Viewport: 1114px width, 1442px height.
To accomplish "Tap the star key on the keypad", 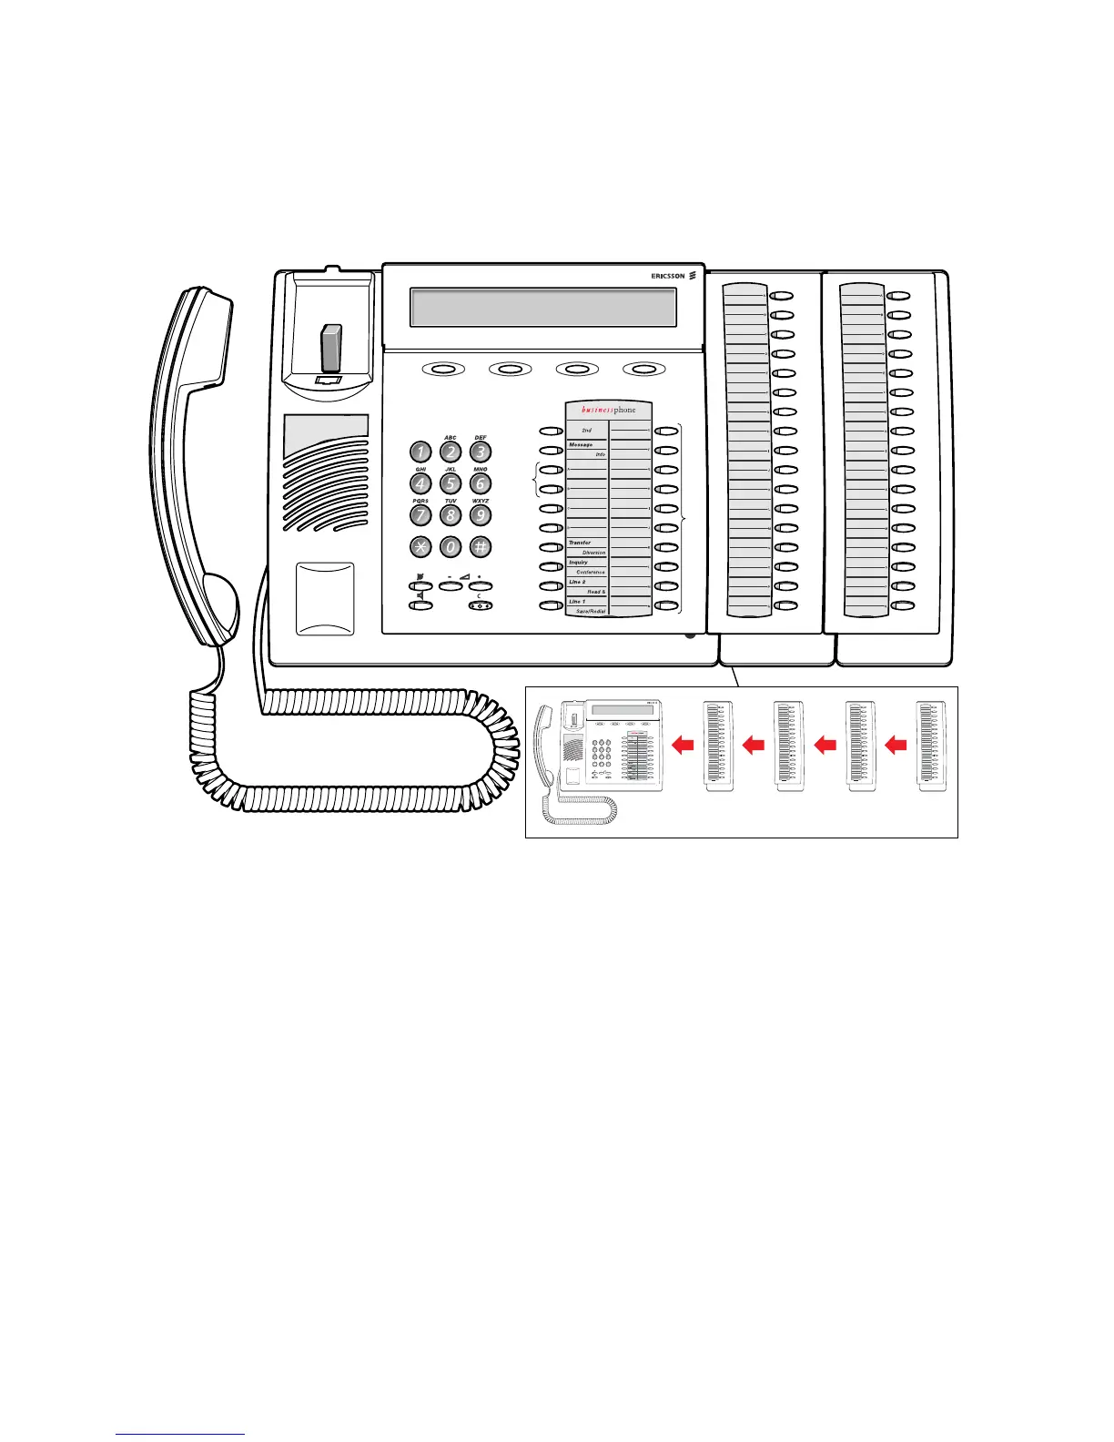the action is click(420, 547).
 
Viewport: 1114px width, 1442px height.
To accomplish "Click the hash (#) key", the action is click(481, 547).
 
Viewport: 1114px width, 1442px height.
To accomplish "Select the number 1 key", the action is click(420, 452).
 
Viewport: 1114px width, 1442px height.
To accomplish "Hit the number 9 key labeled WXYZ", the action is click(481, 515).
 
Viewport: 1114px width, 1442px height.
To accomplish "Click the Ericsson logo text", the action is click(668, 276).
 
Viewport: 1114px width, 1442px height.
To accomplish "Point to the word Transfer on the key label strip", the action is click(580, 543).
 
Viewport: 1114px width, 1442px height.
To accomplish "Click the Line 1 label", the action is click(577, 602).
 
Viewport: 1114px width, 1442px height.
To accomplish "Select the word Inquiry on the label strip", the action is click(579, 563).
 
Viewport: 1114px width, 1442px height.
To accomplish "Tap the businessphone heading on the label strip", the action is click(609, 411).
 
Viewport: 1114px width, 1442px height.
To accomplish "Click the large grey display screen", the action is click(543, 308).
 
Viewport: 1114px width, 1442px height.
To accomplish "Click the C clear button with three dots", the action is click(481, 605).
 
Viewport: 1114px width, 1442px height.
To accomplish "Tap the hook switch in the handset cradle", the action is click(330, 348).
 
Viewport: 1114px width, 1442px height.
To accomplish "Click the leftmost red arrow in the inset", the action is click(683, 746).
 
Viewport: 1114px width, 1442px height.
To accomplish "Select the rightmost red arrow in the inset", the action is click(896, 746).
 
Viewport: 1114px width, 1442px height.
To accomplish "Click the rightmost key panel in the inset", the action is click(931, 746).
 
